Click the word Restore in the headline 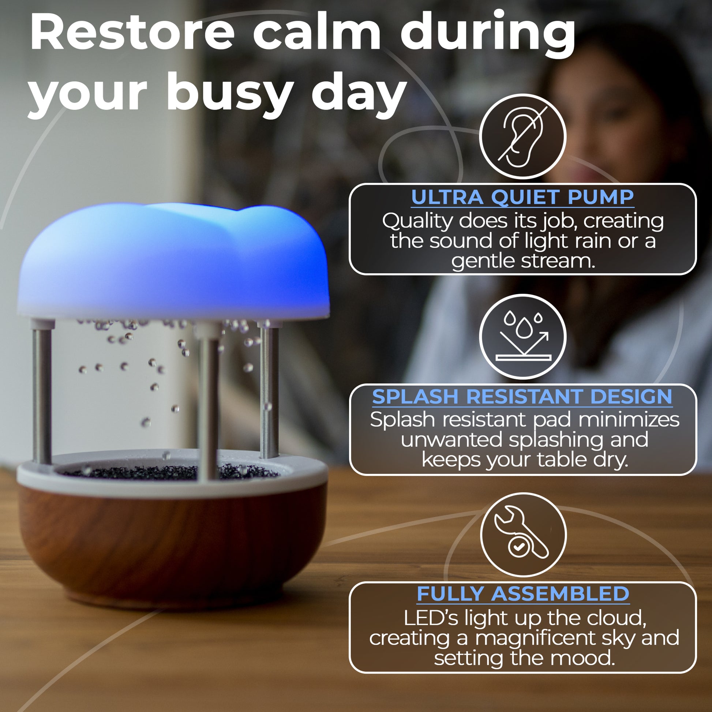(132, 33)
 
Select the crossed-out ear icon (522, 137)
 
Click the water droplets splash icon (522, 337)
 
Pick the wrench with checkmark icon (522, 535)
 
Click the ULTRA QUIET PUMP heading (522, 197)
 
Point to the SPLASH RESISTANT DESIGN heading (522, 397)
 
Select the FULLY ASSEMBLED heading (522, 594)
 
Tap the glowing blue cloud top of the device (173, 262)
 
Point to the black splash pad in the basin (169, 472)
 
